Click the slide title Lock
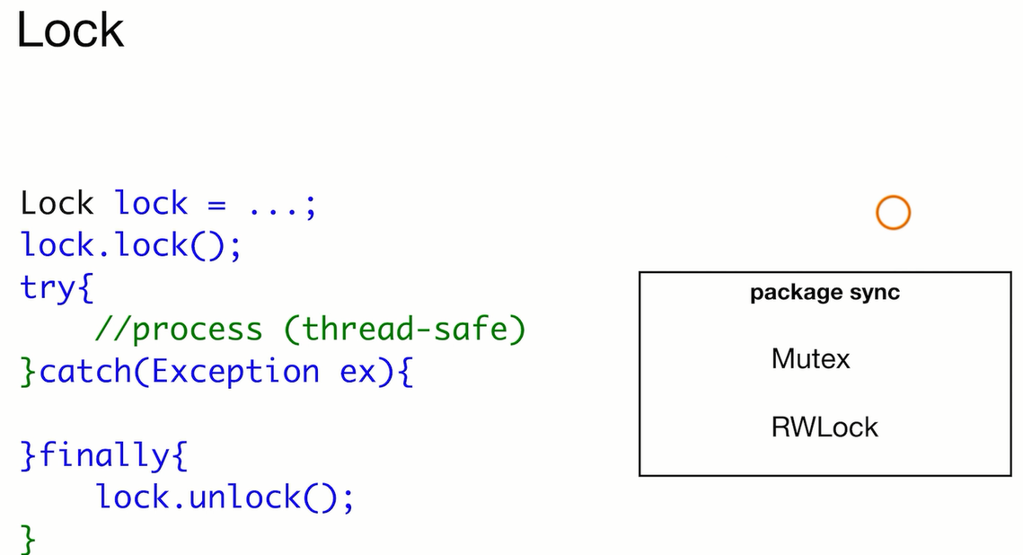click(70, 30)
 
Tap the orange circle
click(893, 213)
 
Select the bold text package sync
click(825, 293)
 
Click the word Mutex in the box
click(810, 359)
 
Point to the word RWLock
click(825, 426)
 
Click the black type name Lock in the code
click(57, 203)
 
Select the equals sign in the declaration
click(217, 205)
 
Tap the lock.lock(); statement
click(131, 245)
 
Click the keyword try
click(49, 288)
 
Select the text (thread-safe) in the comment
click(404, 330)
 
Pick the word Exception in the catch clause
click(235, 372)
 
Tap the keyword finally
click(102, 456)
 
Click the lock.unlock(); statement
click(225, 497)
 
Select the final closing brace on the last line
click(29, 539)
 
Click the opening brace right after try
click(85, 288)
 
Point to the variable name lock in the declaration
click(152, 203)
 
